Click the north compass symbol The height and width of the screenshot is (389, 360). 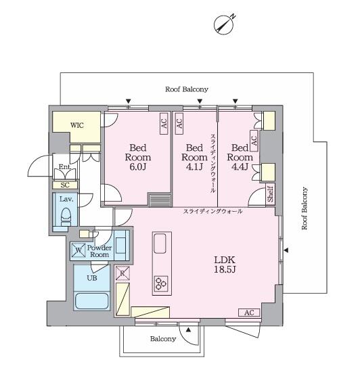click(224, 25)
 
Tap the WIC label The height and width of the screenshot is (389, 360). click(77, 125)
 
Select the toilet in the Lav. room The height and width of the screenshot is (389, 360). click(66, 216)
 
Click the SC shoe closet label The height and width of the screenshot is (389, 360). click(65, 185)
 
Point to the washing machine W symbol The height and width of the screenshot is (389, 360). click(78, 250)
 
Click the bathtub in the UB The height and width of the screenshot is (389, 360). click(92, 301)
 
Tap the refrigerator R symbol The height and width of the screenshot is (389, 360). click(122, 273)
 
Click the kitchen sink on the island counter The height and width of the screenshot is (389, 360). click(160, 244)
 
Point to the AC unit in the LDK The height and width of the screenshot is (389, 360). click(249, 313)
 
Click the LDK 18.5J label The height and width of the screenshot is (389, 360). click(225, 265)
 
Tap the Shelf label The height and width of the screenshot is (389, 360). click(271, 194)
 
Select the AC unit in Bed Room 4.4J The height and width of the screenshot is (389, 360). click(254, 141)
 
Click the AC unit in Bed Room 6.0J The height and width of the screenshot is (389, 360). click(164, 124)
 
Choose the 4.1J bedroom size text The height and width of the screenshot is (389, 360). click(194, 166)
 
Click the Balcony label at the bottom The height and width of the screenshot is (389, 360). click(163, 339)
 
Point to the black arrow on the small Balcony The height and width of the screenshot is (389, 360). click(189, 330)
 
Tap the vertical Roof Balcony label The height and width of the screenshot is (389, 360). click(305, 208)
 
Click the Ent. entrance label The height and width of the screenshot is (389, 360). click(65, 166)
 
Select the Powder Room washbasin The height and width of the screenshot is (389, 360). click(120, 246)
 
